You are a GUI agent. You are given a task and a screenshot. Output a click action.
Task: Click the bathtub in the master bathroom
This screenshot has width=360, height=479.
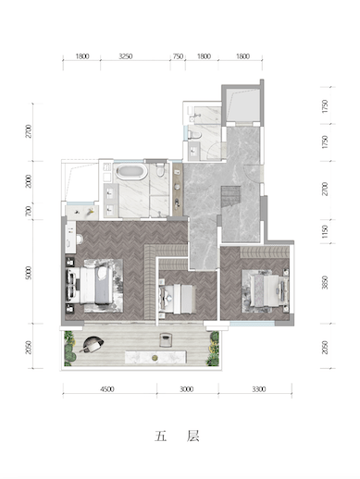click(x=131, y=172)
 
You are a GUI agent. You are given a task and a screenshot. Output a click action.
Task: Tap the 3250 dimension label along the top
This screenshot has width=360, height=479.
click(x=126, y=56)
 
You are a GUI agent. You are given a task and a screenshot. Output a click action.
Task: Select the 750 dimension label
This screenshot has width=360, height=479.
click(x=178, y=56)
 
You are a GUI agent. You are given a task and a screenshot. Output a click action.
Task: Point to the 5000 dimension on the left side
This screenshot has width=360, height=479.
click(x=29, y=273)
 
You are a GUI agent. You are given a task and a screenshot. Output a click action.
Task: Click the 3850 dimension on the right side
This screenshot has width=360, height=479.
click(x=325, y=282)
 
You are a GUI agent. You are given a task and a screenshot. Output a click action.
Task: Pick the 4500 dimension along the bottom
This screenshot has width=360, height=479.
click(x=107, y=389)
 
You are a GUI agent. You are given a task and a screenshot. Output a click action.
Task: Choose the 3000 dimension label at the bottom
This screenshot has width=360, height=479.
click(x=187, y=389)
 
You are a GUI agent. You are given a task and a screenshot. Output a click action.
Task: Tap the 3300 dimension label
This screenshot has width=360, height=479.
click(x=258, y=389)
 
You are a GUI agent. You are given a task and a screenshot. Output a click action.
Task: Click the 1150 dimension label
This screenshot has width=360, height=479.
click(x=325, y=231)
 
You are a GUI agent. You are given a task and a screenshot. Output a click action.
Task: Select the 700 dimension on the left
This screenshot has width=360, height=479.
click(x=29, y=211)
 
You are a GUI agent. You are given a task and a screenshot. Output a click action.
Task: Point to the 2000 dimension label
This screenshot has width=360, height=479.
click(x=29, y=181)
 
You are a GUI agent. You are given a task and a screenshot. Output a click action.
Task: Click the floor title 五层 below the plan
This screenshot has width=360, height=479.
click(x=177, y=436)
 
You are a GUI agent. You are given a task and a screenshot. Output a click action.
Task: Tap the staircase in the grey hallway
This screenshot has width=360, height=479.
click(x=230, y=196)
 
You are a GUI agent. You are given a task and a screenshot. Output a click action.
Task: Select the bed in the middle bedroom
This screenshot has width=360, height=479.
click(x=178, y=300)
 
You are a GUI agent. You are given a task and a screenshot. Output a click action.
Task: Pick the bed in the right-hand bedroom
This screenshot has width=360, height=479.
click(x=268, y=290)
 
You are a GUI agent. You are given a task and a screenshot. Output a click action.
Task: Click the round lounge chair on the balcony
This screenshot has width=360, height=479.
click(x=92, y=344)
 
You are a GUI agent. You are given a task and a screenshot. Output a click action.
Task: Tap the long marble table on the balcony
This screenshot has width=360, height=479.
click(x=155, y=357)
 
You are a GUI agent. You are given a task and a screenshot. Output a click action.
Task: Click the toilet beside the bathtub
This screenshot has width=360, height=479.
click(x=160, y=170)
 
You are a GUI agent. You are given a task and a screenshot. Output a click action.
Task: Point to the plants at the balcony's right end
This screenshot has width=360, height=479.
click(x=214, y=349)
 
